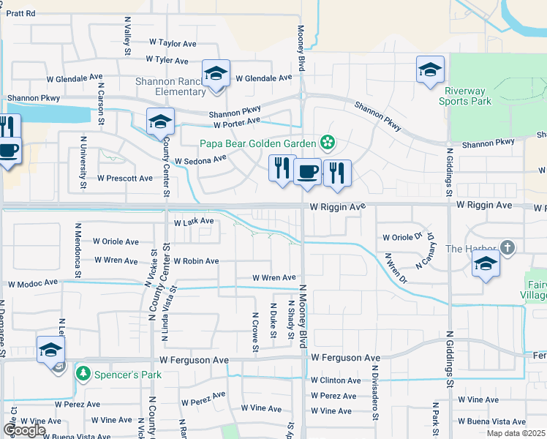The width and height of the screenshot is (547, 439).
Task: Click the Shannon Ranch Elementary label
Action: tap(170, 86)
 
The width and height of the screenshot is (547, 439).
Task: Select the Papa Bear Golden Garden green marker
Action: tap(328, 142)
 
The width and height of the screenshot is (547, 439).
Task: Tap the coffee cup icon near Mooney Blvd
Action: tap(307, 172)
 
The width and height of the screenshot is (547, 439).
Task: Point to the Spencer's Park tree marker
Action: tap(83, 374)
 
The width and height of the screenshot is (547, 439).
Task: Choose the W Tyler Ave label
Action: tap(167, 60)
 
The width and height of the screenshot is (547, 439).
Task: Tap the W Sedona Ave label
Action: tap(200, 160)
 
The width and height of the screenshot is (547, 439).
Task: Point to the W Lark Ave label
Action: tap(193, 221)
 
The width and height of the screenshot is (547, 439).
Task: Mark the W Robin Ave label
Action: tap(196, 260)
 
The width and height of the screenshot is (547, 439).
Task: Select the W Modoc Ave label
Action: tap(33, 282)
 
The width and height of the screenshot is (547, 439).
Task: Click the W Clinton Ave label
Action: tap(335, 380)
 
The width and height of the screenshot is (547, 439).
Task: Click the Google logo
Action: tap(24, 430)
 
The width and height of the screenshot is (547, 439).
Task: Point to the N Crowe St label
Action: tap(256, 332)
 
